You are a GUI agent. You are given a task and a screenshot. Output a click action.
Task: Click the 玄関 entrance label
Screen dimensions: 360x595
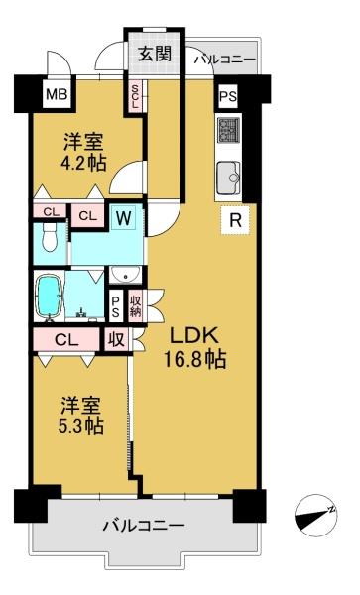tap(155, 55)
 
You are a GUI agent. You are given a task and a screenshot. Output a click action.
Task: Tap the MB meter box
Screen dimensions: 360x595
tap(57, 94)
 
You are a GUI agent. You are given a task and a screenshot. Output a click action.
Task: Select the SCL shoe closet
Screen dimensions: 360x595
tap(135, 96)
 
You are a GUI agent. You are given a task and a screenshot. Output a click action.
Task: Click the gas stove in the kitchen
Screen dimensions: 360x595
tap(228, 130)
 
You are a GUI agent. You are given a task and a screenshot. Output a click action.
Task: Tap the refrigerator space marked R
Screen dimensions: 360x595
tap(236, 220)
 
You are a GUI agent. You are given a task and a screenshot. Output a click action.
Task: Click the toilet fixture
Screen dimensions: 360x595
tap(50, 237)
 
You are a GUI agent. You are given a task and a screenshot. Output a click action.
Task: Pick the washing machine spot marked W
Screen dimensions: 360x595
tap(124, 218)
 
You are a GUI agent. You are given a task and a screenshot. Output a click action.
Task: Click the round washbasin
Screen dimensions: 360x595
tap(125, 275)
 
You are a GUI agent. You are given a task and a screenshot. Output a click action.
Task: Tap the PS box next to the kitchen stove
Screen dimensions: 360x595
tap(228, 96)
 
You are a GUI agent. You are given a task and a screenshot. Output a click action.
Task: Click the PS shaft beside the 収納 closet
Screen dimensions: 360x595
tap(115, 307)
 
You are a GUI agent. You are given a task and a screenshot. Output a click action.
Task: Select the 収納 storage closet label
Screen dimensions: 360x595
tap(136, 306)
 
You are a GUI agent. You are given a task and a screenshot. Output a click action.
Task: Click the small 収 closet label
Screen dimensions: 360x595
tap(116, 339)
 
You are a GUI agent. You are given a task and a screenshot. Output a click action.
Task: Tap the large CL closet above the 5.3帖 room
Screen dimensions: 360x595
tap(66, 340)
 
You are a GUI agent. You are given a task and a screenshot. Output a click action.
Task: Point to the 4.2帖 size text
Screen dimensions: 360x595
tap(84, 164)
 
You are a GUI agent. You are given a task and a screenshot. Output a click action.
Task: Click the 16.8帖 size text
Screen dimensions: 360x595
tap(194, 359)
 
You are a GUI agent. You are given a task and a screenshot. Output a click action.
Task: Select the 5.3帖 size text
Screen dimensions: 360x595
tap(81, 426)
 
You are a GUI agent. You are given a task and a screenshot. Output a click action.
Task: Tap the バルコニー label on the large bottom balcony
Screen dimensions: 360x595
tap(144, 526)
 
